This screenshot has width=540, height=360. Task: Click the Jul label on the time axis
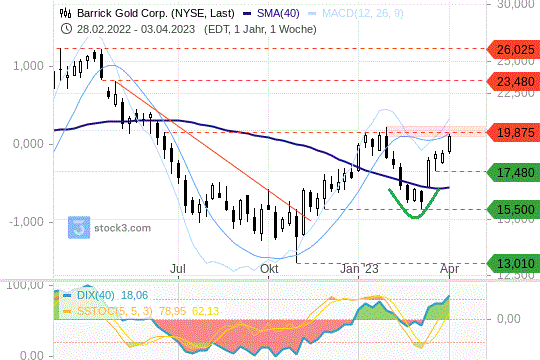click(x=178, y=269)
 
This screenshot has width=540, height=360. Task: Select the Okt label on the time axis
click(x=269, y=269)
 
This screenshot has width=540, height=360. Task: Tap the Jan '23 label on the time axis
click(x=358, y=269)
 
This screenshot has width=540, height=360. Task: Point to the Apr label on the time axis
click(x=449, y=269)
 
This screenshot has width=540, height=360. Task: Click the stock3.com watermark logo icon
click(x=78, y=227)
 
